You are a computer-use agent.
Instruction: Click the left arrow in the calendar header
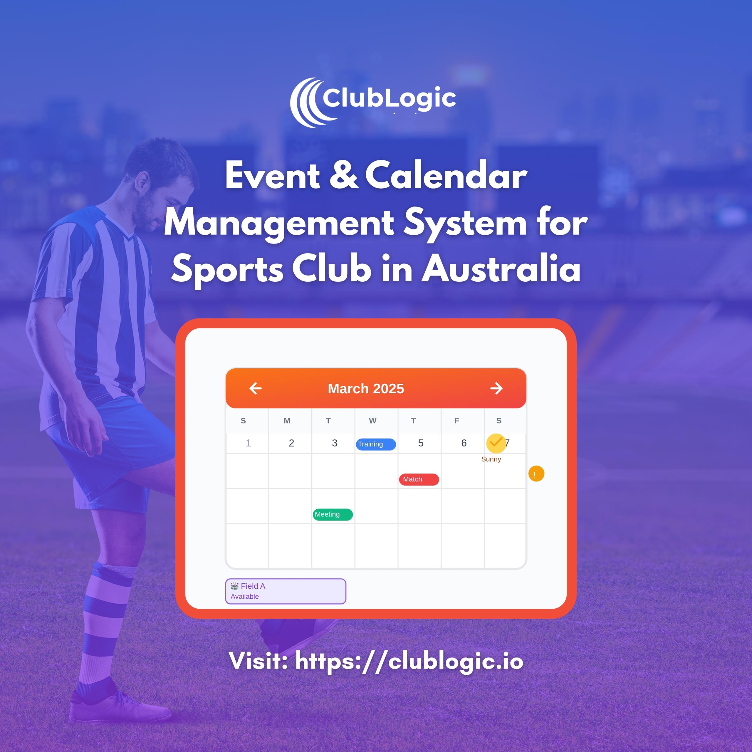[x=255, y=388]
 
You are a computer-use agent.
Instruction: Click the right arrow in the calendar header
[x=496, y=388]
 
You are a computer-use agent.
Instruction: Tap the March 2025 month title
[x=366, y=388]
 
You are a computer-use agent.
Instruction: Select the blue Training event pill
[x=376, y=444]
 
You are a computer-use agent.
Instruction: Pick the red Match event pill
[x=419, y=479]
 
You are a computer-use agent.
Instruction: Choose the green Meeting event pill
[x=333, y=514]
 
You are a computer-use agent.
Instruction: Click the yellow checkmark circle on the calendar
[x=496, y=443]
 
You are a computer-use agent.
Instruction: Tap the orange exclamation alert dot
[x=536, y=474]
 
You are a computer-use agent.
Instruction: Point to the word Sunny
[x=491, y=459]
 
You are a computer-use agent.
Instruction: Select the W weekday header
[x=372, y=421]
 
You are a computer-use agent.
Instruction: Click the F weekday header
[x=456, y=421]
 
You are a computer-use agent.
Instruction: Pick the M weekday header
[x=287, y=421]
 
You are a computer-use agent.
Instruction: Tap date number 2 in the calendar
[x=291, y=443]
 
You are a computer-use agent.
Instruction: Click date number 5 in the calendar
[x=421, y=443]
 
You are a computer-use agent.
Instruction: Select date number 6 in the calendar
[x=464, y=443]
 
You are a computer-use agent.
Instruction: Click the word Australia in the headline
[x=501, y=268]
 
